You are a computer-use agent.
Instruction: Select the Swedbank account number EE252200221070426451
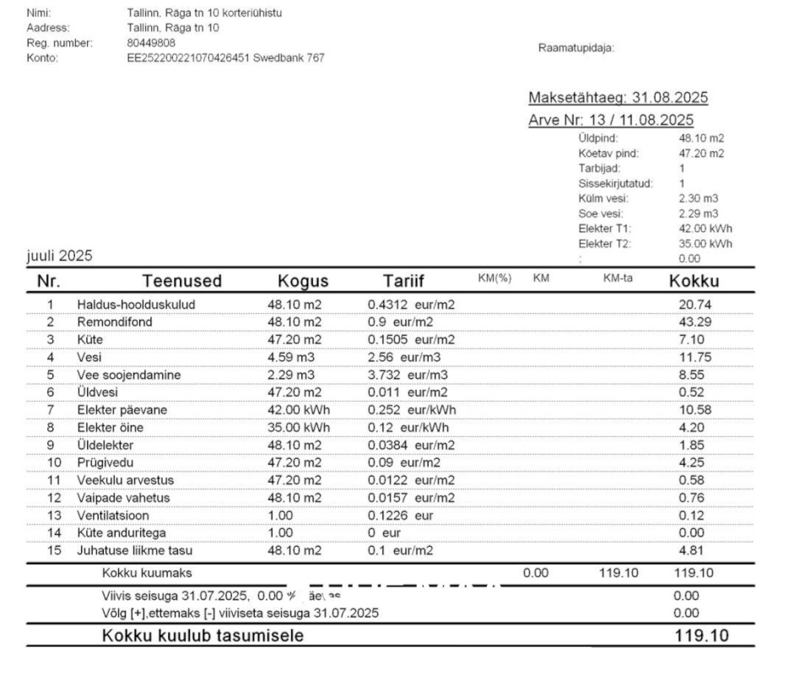(x=189, y=58)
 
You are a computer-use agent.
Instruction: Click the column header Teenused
(x=181, y=281)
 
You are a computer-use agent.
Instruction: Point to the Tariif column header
(x=403, y=281)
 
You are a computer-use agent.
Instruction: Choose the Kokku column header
(x=694, y=281)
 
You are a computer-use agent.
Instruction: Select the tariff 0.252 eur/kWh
(x=411, y=410)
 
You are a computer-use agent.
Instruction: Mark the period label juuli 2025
(x=59, y=256)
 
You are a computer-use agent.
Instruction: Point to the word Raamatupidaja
(x=575, y=47)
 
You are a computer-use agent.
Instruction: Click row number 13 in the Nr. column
(x=50, y=516)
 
